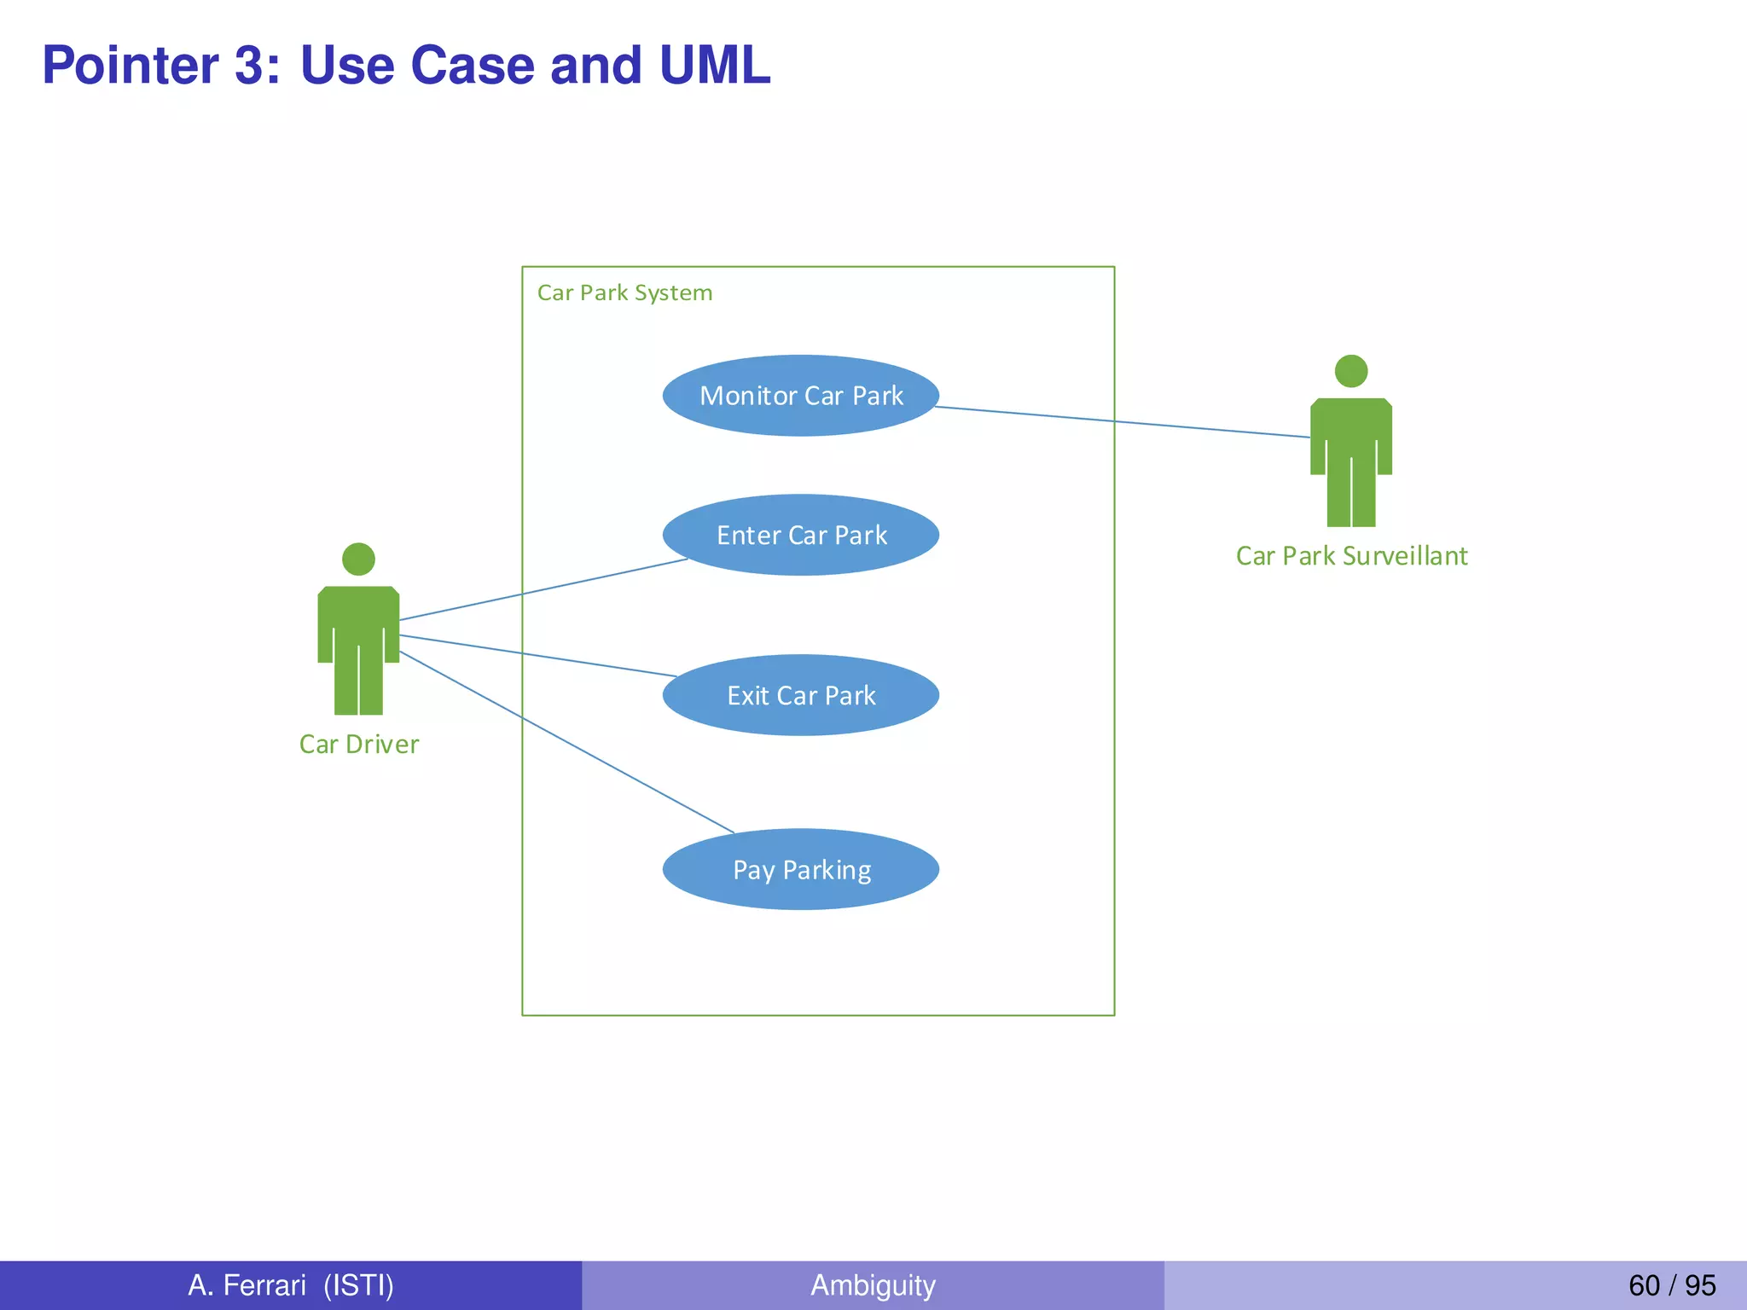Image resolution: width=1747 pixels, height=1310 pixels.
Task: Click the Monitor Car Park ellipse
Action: click(x=800, y=396)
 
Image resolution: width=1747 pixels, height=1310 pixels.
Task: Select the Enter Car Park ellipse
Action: click(x=800, y=535)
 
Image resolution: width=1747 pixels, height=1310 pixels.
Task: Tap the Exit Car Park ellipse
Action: click(x=800, y=695)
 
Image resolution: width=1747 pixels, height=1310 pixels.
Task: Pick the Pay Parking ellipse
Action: click(x=800, y=869)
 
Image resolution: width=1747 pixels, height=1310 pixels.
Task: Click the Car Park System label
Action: click(x=624, y=293)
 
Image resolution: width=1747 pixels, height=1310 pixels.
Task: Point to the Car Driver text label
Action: click(x=359, y=745)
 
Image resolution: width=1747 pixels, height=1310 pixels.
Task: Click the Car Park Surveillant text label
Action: click(x=1351, y=556)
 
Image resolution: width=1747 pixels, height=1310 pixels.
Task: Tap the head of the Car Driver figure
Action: click(x=358, y=559)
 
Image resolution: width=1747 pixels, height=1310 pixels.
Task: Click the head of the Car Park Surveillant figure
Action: click(x=1351, y=371)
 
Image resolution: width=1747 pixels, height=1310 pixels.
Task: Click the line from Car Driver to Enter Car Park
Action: click(x=543, y=589)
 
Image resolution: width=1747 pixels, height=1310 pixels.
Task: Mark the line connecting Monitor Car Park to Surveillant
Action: click(x=1123, y=422)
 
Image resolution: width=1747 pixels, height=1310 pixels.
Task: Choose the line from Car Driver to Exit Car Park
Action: click(x=537, y=656)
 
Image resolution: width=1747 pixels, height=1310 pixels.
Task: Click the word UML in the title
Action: click(x=715, y=65)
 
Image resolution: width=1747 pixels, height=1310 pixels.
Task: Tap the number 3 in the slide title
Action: click(x=249, y=65)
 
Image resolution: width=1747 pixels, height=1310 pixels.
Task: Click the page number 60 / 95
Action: click(x=1671, y=1285)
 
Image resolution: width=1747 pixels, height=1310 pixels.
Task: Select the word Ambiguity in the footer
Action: click(x=873, y=1285)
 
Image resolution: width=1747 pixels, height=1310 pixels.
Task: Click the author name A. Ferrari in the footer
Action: click(x=247, y=1285)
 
